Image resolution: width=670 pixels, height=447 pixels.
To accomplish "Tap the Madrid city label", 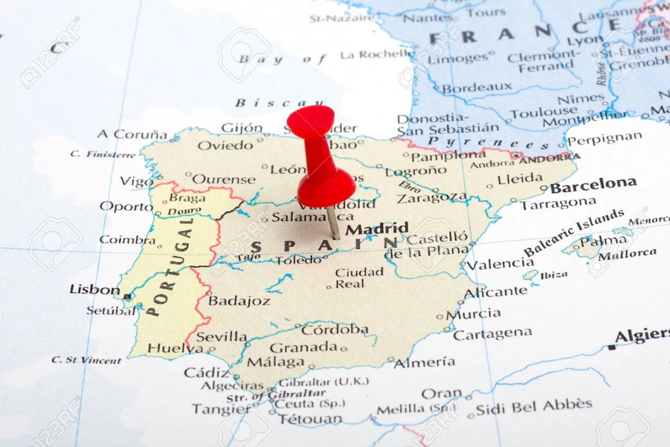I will tap(377, 229).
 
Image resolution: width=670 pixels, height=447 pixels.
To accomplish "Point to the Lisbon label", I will tap(94, 290).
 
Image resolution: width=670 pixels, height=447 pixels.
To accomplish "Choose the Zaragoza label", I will tap(431, 198).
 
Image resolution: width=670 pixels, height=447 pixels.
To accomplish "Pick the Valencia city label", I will tap(500, 264).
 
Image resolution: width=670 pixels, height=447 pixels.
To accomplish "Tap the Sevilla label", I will tap(222, 337).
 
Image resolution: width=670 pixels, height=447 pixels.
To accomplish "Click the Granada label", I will tap(303, 348).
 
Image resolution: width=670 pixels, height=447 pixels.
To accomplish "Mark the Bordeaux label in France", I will tap(477, 88).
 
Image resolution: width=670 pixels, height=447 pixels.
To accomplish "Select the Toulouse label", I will tap(544, 112).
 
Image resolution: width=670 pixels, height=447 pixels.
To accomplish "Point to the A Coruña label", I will tap(132, 134).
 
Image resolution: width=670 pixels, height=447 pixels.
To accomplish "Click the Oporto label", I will tap(126, 206).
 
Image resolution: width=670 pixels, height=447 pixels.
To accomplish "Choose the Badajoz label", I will tap(239, 301).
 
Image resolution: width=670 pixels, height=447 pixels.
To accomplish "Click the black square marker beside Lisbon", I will tap(127, 296).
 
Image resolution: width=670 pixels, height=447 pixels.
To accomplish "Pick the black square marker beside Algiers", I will tap(611, 348).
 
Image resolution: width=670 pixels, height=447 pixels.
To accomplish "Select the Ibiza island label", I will tap(554, 275).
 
